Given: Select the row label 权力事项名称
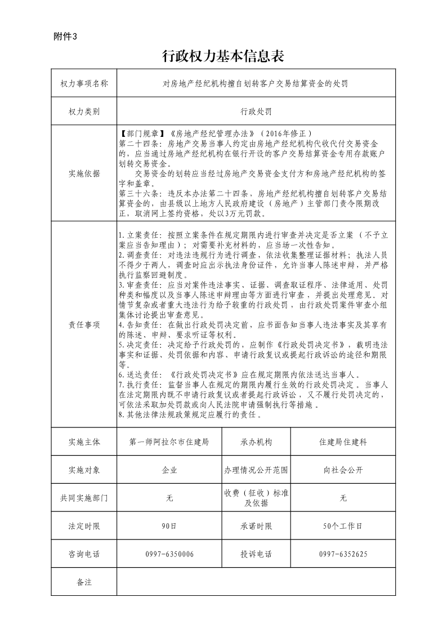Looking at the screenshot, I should pos(84,84).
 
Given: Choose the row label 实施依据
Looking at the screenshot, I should pos(84,173).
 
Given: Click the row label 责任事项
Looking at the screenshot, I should pos(84,325).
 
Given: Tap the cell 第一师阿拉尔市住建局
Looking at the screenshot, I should pos(169,442).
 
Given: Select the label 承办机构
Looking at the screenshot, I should pos(256,442).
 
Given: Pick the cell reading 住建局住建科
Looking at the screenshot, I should pos(343,442).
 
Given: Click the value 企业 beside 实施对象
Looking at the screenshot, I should pos(169,470).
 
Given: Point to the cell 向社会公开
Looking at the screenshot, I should pos(343,470).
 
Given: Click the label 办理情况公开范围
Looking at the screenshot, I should pos(256,470).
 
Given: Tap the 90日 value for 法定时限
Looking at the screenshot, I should pos(169,526).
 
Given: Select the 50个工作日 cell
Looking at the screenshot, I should pos(343,526).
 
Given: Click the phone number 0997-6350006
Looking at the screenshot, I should pos(169,554).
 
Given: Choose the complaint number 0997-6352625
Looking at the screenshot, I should pos(343,554).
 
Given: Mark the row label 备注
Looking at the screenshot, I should pos(84,582).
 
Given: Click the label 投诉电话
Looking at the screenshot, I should pos(256,554).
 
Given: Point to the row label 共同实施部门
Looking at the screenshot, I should pos(84,498).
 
